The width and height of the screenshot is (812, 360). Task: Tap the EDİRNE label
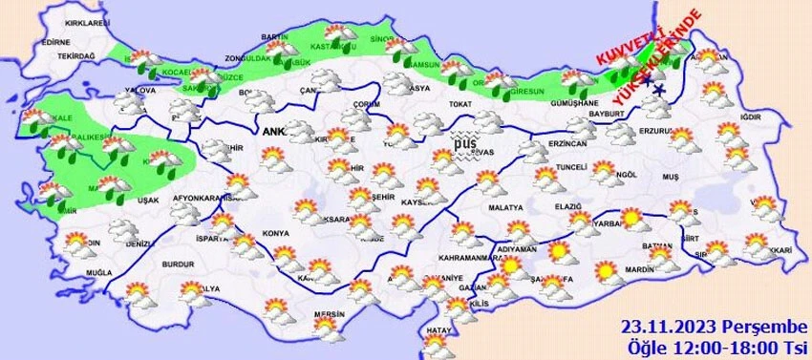[55, 42]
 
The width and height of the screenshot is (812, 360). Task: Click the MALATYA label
[505, 207]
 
